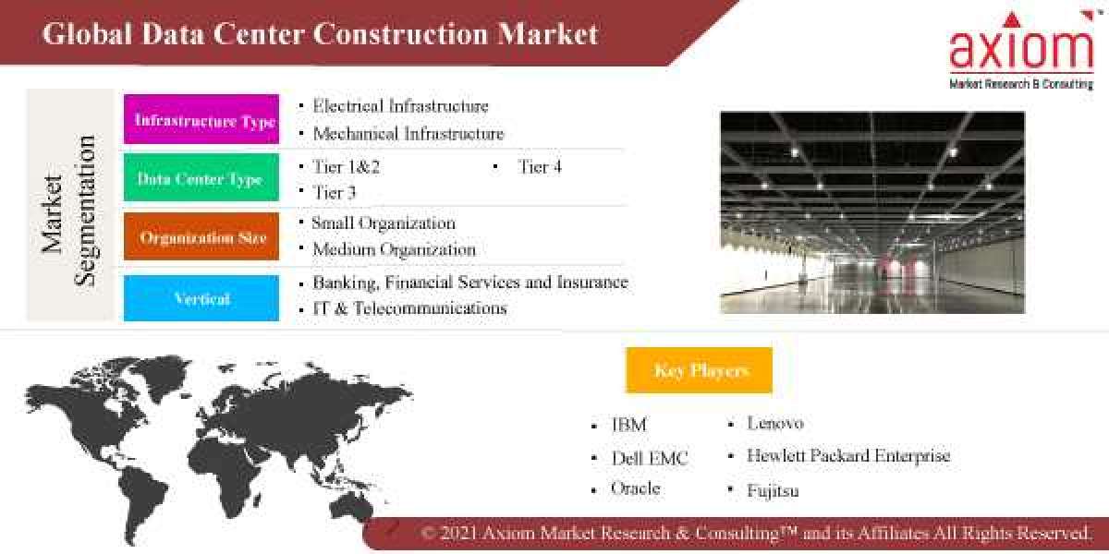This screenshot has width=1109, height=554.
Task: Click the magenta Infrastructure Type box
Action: [x=201, y=120]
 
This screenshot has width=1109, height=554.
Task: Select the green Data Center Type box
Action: [x=201, y=178]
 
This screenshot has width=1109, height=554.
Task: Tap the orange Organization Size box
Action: [x=201, y=236]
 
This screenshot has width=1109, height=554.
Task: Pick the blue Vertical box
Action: [x=201, y=298]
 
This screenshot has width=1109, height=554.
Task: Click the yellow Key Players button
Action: [x=700, y=370]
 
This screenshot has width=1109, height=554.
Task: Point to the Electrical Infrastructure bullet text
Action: [x=400, y=106]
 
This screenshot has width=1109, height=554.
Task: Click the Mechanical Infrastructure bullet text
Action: [x=408, y=134]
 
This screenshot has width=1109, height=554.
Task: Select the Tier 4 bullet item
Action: [x=539, y=167]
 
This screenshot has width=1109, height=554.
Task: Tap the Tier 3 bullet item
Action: [x=334, y=192]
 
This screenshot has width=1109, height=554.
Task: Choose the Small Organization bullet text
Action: [x=384, y=223]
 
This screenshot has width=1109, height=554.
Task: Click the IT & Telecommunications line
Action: [x=409, y=308]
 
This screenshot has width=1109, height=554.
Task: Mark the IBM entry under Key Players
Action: [x=628, y=425]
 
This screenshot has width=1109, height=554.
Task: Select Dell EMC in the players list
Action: [x=650, y=458]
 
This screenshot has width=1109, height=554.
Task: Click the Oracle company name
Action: [x=636, y=488]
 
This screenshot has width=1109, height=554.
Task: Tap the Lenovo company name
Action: [x=775, y=423]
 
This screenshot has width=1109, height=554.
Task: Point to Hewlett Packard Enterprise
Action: [x=847, y=455]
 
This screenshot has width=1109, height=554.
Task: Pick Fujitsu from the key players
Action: [x=773, y=490]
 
